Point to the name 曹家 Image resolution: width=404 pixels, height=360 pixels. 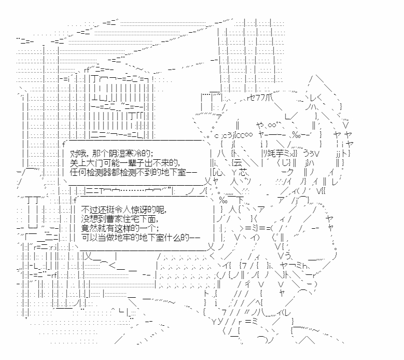[x=106, y=218]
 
